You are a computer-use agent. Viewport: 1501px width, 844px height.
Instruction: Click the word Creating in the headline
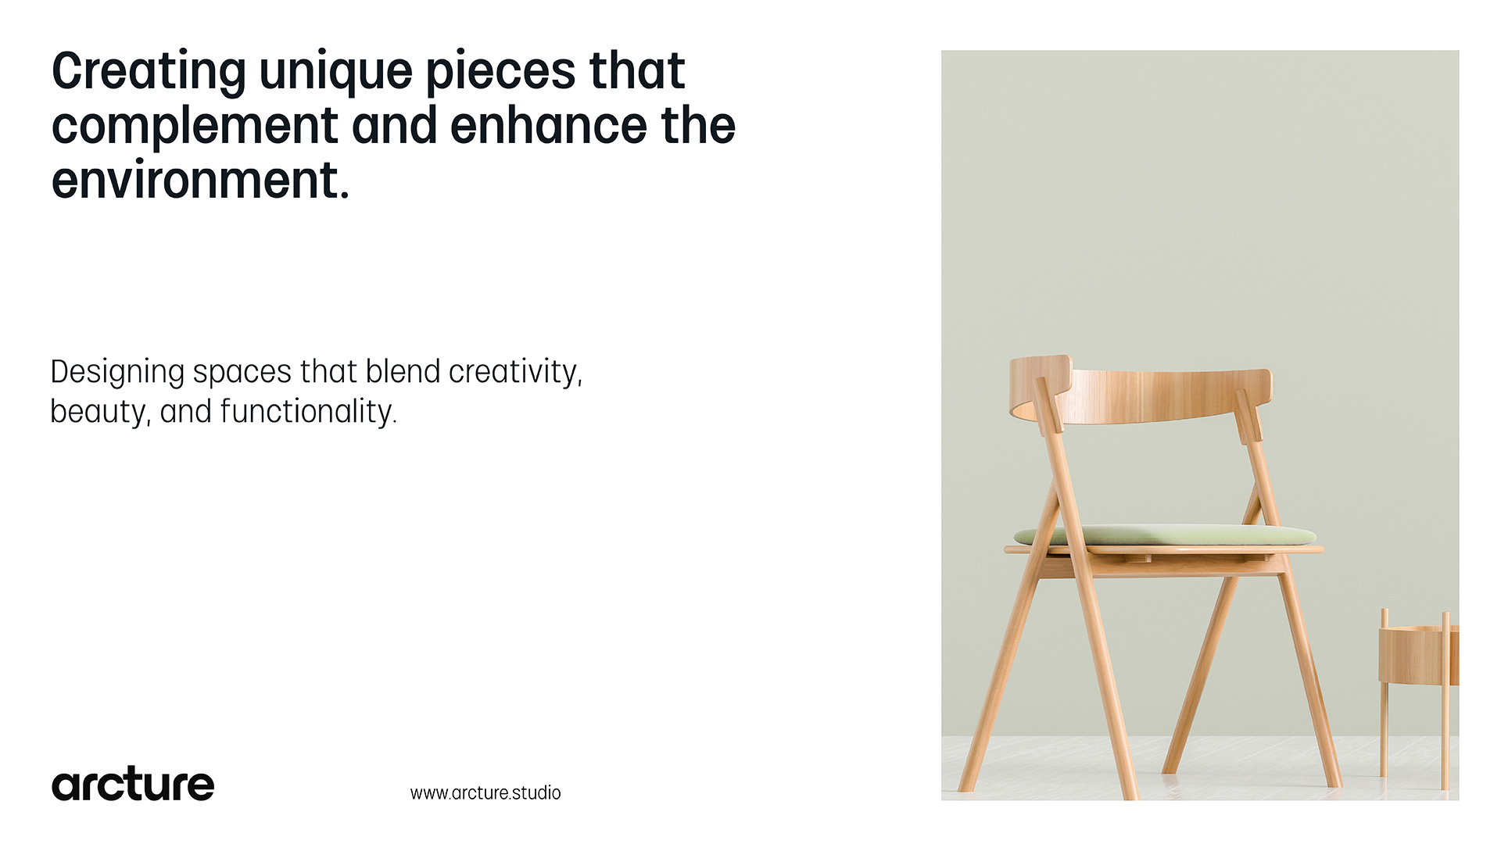coord(149,73)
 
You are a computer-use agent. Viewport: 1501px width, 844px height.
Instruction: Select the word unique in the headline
coord(336,73)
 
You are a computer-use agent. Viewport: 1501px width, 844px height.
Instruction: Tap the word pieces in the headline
coord(500,73)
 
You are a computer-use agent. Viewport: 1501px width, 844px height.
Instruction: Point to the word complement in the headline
coord(195,127)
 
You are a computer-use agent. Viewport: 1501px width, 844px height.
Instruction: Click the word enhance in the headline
coord(549,126)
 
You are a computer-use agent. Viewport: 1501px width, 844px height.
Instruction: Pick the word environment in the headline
coord(200,181)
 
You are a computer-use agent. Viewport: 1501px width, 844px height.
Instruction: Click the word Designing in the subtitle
coord(117,373)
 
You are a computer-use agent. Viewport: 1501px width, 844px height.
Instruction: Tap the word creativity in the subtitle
coord(516,373)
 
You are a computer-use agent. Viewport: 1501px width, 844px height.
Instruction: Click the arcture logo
coord(133,784)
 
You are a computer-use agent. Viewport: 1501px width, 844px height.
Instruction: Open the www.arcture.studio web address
coord(485,792)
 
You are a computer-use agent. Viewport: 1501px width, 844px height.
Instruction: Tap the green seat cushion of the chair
coord(1165,535)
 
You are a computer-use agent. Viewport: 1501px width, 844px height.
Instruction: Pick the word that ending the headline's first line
coord(637,71)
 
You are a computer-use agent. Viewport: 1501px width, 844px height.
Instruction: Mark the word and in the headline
coord(395,126)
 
